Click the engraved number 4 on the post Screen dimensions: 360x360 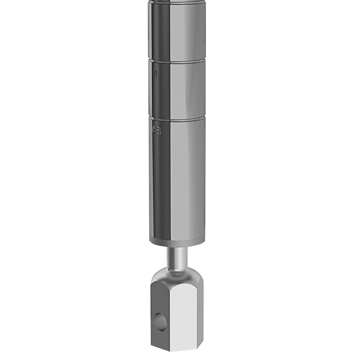click(x=156, y=74)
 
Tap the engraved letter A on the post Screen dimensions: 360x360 click(x=154, y=130)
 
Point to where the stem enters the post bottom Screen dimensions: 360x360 click(x=177, y=247)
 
